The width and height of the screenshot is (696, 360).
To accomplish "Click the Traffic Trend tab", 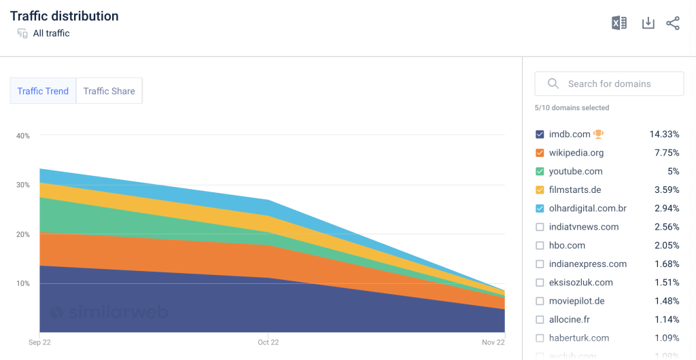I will pos(43,91).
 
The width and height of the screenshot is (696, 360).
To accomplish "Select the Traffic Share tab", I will pos(109,91).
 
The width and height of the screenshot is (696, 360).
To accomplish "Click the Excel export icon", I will pos(619,23).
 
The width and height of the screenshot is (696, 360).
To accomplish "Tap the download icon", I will pos(648,23).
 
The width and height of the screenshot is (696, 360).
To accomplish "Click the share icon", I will pos(673,23).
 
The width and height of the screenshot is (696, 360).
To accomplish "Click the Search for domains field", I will pos(609,84).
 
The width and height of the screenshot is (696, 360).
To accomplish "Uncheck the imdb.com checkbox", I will pos(540,134).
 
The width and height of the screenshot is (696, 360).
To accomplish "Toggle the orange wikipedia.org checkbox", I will pos(540,153).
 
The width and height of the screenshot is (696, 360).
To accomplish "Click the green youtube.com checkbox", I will pos(540,171).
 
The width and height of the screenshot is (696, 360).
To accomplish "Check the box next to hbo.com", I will pos(540,245).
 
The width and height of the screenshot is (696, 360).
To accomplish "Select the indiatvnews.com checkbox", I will pos(540,227).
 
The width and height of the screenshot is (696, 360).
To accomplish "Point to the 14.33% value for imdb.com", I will pos(664,134).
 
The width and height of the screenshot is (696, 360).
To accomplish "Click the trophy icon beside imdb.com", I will pos(599,134).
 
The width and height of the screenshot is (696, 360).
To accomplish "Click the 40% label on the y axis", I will pos(23,136).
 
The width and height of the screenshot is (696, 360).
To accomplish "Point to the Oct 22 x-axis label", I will pos(268,342).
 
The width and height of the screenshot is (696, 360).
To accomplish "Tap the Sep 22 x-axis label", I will pos(39,342).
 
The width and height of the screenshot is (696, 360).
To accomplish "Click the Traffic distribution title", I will pos(64,16).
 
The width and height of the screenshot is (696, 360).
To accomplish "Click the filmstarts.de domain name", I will pos(575,190).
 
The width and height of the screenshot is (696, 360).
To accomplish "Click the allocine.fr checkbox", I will pos(540,319).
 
